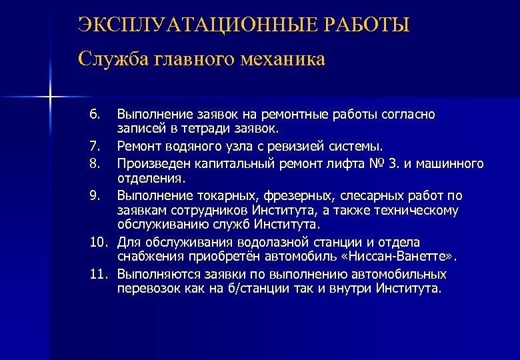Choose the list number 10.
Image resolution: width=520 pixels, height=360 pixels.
pyautogui.click(x=97, y=242)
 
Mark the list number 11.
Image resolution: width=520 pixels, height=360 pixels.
pyautogui.click(x=97, y=274)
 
